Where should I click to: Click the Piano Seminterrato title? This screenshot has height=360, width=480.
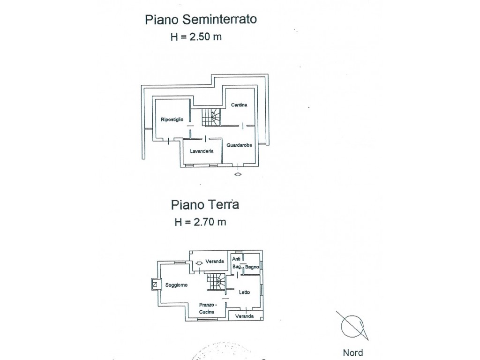point(201,19)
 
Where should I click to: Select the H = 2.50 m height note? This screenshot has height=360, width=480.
point(196,37)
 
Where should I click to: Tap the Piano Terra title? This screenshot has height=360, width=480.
point(205,204)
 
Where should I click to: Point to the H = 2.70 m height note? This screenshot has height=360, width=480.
point(200,222)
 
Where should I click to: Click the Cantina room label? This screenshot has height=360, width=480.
point(239,105)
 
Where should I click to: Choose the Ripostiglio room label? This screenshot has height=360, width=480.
point(172,120)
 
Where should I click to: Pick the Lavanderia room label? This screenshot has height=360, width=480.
point(202,151)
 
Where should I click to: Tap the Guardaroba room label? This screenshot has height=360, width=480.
point(239,145)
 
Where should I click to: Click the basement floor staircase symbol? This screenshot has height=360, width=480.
point(211,117)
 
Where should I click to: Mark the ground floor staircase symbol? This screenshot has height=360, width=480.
point(216,282)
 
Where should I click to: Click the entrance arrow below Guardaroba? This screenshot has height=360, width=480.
point(238,174)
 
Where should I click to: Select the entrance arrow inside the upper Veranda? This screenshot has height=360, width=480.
point(199,262)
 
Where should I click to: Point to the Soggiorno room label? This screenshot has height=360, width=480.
point(176,285)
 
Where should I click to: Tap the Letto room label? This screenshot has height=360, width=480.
point(244,292)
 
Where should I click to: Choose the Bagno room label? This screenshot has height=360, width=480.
point(252,267)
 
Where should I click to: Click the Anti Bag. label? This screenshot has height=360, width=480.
point(237,262)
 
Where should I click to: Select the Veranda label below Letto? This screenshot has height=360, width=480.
point(244,316)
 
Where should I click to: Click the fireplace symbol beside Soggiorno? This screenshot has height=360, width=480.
point(156,285)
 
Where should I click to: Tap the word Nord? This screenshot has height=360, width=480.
point(353,352)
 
